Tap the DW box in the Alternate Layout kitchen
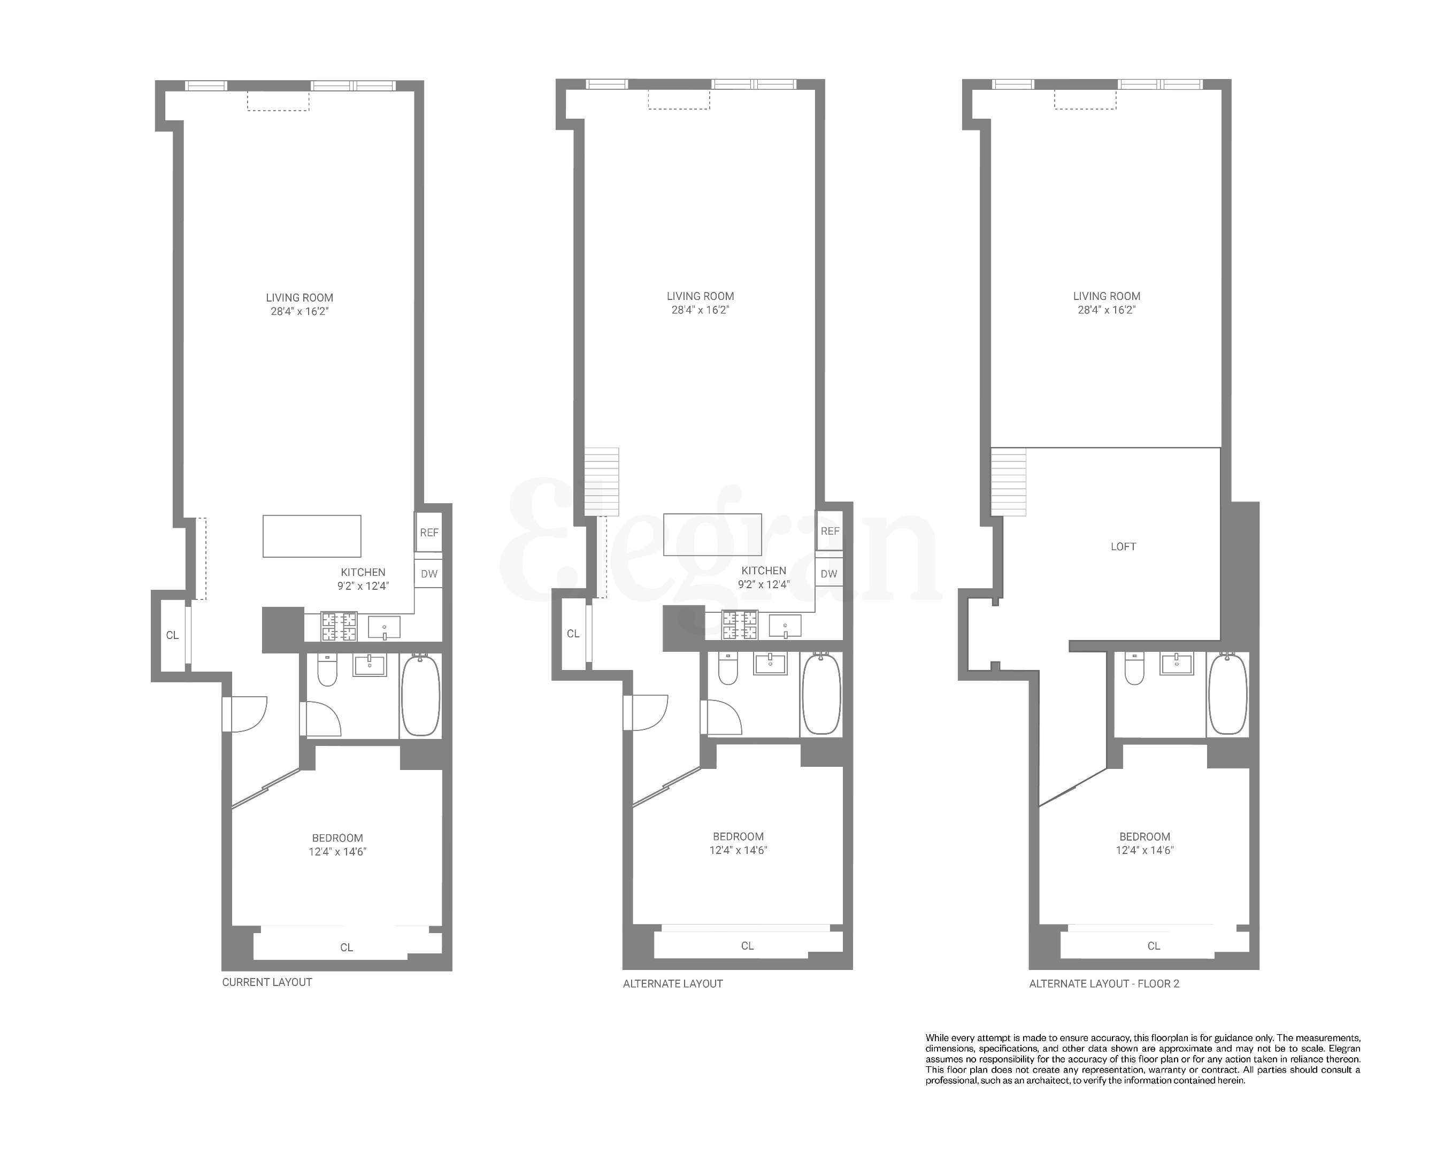point(828,574)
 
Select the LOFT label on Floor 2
point(1123,546)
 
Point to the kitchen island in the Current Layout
point(311,536)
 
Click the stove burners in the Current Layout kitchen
point(339,627)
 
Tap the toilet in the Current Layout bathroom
point(327,670)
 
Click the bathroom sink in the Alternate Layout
point(770,664)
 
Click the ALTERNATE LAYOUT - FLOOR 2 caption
point(1104,983)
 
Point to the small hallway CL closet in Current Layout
point(172,635)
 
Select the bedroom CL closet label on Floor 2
point(1153,946)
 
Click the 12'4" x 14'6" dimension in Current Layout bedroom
point(337,852)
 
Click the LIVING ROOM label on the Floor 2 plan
point(1106,296)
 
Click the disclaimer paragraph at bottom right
point(1142,1059)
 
